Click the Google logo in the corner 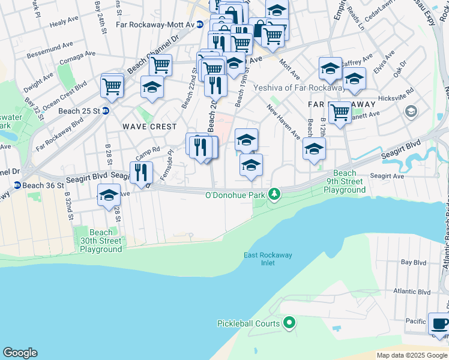click(x=20, y=353)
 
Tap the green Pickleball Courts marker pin click(x=289, y=323)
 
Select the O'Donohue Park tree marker click(x=274, y=194)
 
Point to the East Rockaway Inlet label click(x=268, y=259)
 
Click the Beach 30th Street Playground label click(x=101, y=241)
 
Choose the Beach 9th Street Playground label click(x=345, y=181)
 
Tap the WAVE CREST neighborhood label click(x=149, y=127)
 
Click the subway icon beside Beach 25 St click(x=106, y=110)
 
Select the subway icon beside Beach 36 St click(x=17, y=185)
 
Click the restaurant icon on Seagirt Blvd click(x=141, y=172)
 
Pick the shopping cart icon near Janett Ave click(x=340, y=112)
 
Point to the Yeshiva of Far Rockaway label click(x=289, y=88)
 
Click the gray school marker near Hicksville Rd click(x=411, y=111)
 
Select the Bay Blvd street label click(x=413, y=263)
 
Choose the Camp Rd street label click(x=148, y=150)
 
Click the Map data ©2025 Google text click(x=411, y=355)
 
